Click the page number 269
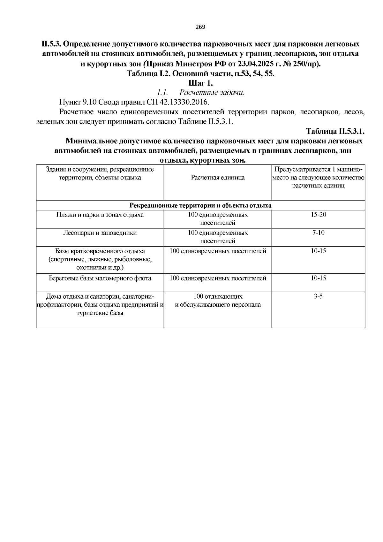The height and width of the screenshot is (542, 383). pyautogui.click(x=200, y=27)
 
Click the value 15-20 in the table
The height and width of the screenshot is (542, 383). pyautogui.click(x=318, y=215)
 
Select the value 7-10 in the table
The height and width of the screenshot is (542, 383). pyautogui.click(x=318, y=233)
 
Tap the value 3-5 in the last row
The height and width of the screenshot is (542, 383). pyautogui.click(x=318, y=296)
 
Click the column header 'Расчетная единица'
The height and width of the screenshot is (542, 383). pyautogui.click(x=218, y=178)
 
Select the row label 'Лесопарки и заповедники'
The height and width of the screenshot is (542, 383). pyautogui.click(x=100, y=233)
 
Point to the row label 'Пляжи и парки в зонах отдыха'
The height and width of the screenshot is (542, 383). pyautogui.click(x=100, y=215)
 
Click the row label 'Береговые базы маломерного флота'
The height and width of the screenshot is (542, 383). pyautogui.click(x=100, y=278)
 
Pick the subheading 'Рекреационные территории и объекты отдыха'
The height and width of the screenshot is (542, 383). pyautogui.click(x=200, y=205)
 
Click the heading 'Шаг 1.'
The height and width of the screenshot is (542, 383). pyautogui.click(x=200, y=83)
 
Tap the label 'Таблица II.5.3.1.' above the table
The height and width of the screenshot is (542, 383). pyautogui.click(x=335, y=132)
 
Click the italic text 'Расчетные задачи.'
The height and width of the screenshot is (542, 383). pyautogui.click(x=212, y=93)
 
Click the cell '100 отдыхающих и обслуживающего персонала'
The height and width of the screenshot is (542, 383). pyautogui.click(x=218, y=301)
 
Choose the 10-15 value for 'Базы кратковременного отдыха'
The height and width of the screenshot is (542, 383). pyautogui.click(x=318, y=251)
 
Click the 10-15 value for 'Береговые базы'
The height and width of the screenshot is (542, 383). pyautogui.click(x=318, y=278)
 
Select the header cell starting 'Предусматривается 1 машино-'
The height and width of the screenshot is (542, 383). pyautogui.click(x=318, y=178)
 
